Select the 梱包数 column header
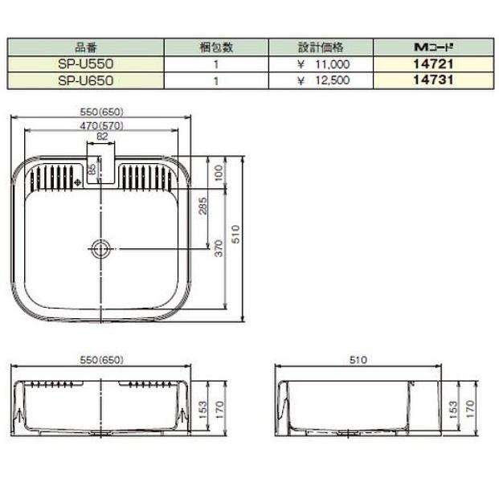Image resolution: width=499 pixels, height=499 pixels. coord(215,47)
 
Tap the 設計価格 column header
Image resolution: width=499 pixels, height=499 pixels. coord(322,47)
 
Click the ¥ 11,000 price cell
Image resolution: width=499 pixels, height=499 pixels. coord(322,63)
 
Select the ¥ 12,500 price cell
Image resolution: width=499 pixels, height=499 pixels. coord(322,80)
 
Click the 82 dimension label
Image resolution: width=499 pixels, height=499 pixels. coord(101,137)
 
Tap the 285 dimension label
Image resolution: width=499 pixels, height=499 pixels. coord(203,211)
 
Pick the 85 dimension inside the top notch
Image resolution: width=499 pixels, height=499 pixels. coord(92,170)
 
